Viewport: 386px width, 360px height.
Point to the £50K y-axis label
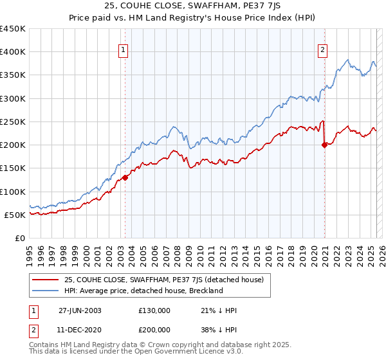pos(15,215)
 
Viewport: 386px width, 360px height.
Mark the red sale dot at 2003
pos(125,178)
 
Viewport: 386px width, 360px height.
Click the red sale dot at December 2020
pos(324,145)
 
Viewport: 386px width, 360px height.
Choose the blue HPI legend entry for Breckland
pos(143,291)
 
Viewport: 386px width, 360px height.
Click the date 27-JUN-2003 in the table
pos(80,310)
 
